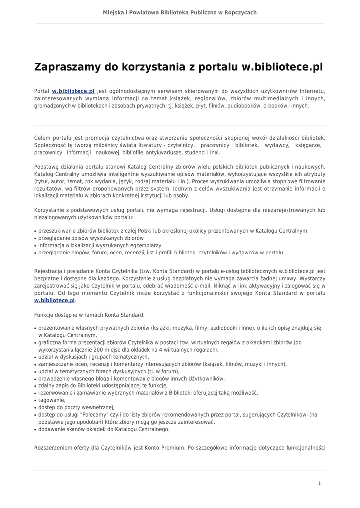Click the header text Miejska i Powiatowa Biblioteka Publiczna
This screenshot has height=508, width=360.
pyautogui.click(x=180, y=12)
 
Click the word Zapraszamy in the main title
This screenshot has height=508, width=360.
pyautogui.click(x=65, y=67)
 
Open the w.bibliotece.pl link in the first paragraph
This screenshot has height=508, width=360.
pyautogui.click(x=73, y=91)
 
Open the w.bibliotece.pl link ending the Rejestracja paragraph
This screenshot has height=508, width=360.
pyautogui.click(x=55, y=300)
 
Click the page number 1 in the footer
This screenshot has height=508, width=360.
pyautogui.click(x=320, y=483)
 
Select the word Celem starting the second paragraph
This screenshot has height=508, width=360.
pyautogui.click(x=43, y=137)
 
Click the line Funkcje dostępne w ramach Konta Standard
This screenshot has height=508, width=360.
pyautogui.click(x=89, y=315)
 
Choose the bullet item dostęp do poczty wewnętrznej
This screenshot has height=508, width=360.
pyautogui.click(x=76, y=407)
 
